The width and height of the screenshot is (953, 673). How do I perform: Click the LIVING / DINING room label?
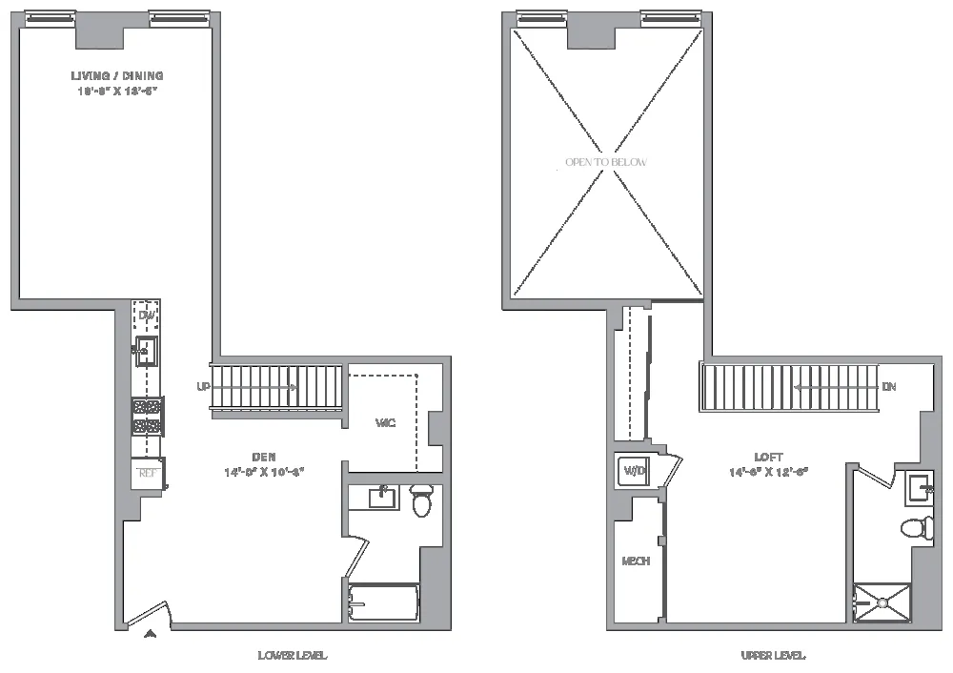[x=116, y=76]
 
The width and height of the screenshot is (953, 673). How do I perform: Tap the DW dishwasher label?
[x=147, y=316]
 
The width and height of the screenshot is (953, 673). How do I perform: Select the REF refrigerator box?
[x=147, y=472]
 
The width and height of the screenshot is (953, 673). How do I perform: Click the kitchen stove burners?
[x=147, y=417]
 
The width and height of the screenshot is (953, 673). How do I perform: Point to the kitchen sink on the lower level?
[x=147, y=351]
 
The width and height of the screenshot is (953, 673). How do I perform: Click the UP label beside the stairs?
[x=202, y=387]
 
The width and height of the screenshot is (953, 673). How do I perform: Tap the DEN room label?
[x=265, y=457]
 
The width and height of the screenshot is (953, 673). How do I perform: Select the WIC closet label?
[x=385, y=422]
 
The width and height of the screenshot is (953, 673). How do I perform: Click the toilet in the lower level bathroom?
[x=422, y=500]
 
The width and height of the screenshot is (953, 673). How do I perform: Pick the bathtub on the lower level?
[x=383, y=603]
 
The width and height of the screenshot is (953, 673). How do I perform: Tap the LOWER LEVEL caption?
[x=293, y=656]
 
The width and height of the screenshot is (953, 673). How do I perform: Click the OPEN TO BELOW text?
[x=606, y=163]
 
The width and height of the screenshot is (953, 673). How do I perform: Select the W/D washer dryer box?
[x=635, y=470]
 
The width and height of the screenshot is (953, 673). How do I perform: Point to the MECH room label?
[x=636, y=561]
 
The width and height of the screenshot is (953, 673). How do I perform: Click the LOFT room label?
[x=768, y=458]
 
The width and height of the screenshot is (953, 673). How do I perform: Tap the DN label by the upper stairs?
[x=888, y=387]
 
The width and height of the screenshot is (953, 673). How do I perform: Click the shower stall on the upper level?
[x=882, y=602]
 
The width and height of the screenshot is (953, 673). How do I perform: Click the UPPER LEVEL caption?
[x=773, y=656]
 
